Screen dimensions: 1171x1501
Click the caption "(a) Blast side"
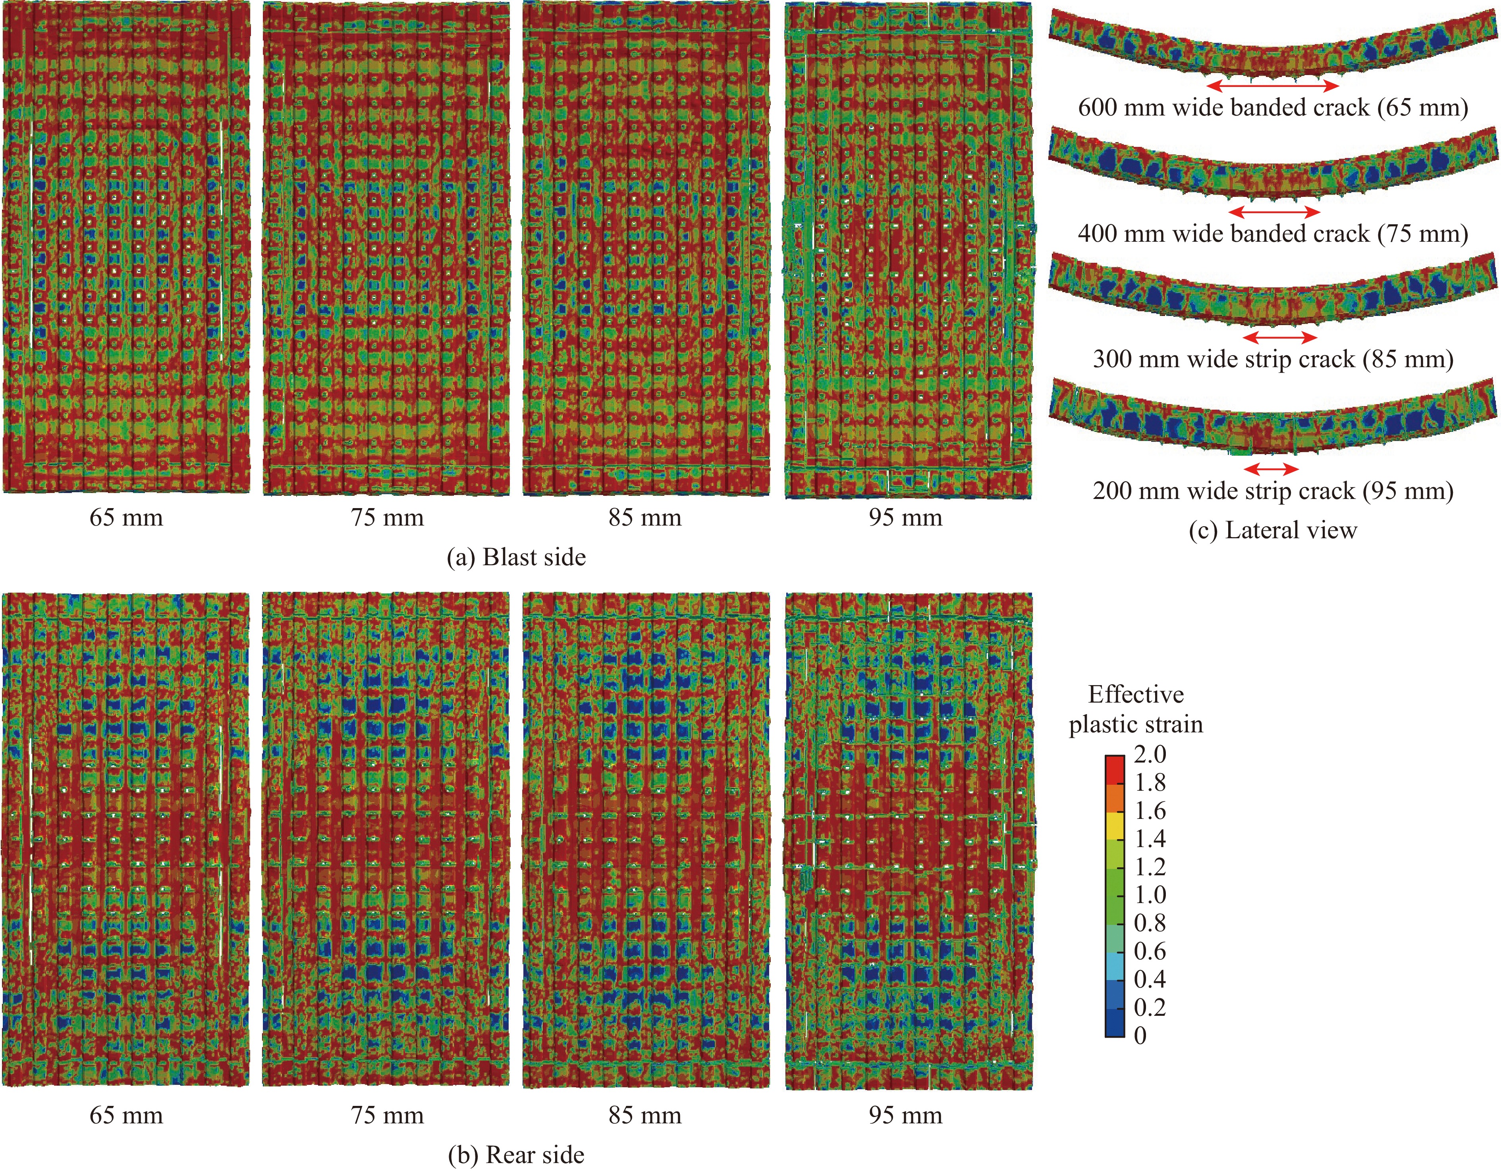pyautogui.click(x=516, y=557)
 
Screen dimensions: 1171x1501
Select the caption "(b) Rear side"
pyautogui.click(x=516, y=1155)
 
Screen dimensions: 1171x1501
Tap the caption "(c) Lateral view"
pyautogui.click(x=1273, y=531)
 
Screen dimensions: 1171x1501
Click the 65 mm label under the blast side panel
pyautogui.click(x=126, y=518)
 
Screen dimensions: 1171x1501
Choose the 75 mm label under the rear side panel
pyautogui.click(x=387, y=1115)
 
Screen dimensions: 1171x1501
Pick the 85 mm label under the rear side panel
pyautogui.click(x=644, y=1115)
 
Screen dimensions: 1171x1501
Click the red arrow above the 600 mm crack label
pyautogui.click(x=1273, y=86)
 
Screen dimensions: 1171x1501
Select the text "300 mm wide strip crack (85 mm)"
pyautogui.click(x=1273, y=359)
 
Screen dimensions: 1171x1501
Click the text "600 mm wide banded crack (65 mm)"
pyautogui.click(x=1273, y=108)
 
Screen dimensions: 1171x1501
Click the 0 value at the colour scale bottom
pyautogui.click(x=1140, y=1035)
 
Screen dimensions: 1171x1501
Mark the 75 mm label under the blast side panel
pyautogui.click(x=387, y=518)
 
